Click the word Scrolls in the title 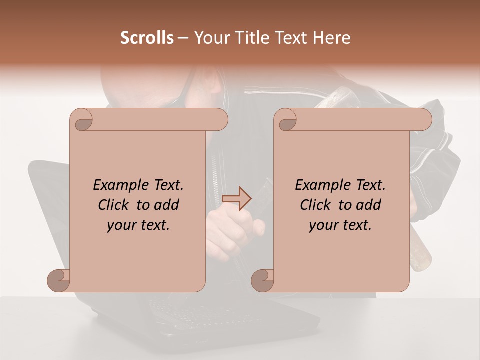pos(147,38)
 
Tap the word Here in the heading pos(332,38)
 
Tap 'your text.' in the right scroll pos(340,225)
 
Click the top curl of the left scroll pos(81,120)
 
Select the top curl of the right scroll pos(286,120)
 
